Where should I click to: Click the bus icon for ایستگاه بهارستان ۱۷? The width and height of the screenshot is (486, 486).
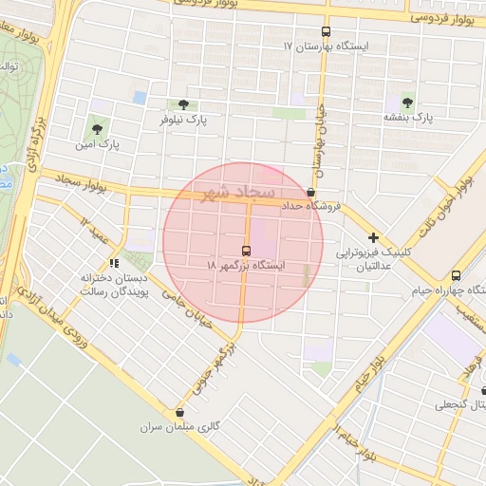tap(327, 31)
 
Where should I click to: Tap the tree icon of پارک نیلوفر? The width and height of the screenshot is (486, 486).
tap(182, 104)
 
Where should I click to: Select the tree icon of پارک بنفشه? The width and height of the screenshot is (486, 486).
tap(408, 101)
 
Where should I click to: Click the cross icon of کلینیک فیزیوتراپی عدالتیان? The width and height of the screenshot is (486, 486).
tap(374, 237)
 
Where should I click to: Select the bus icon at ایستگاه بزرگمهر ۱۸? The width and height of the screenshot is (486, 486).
tap(247, 251)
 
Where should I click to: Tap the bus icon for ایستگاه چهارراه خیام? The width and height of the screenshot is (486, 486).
tap(457, 274)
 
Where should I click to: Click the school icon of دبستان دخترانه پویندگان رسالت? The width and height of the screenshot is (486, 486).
tap(114, 263)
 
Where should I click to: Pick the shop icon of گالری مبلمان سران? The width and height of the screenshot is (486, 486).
tap(180, 412)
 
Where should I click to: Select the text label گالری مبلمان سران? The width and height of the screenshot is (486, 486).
tap(180, 427)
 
